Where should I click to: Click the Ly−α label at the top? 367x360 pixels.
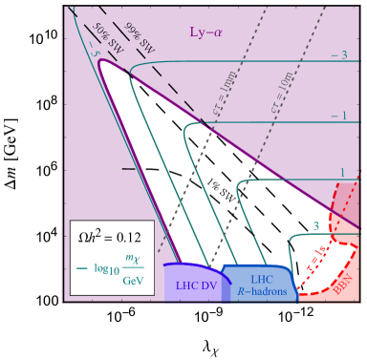tap(206, 32)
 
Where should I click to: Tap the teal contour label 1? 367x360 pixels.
tap(342, 173)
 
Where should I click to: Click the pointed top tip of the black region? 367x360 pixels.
tap(102, 65)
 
